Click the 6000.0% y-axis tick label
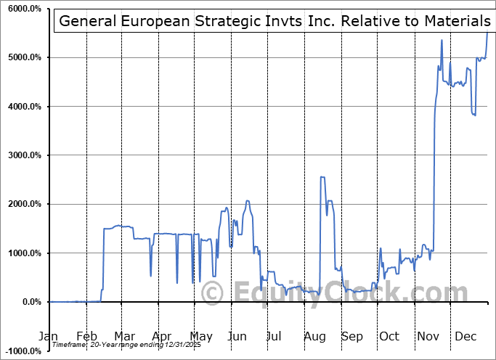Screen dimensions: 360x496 (x=23, y=9)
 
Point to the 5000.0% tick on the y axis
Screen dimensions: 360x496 (x=23, y=57)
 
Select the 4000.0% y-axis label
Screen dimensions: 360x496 (x=23, y=107)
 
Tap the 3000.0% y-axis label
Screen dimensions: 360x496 (x=23, y=155)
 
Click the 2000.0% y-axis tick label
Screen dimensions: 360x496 (x=23, y=204)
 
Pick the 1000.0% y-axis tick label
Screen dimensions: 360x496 (x=23, y=253)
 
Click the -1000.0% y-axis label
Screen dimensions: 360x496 (x=22, y=351)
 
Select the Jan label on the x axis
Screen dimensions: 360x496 (x=49, y=337)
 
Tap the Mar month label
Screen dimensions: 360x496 (x=125, y=337)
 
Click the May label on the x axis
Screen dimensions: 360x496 (x=200, y=337)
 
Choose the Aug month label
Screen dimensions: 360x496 (x=315, y=337)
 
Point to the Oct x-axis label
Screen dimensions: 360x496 (x=389, y=337)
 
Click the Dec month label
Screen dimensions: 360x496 (x=465, y=337)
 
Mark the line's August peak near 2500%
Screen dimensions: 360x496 (x=322, y=177)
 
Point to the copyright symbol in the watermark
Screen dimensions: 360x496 (x=213, y=292)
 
